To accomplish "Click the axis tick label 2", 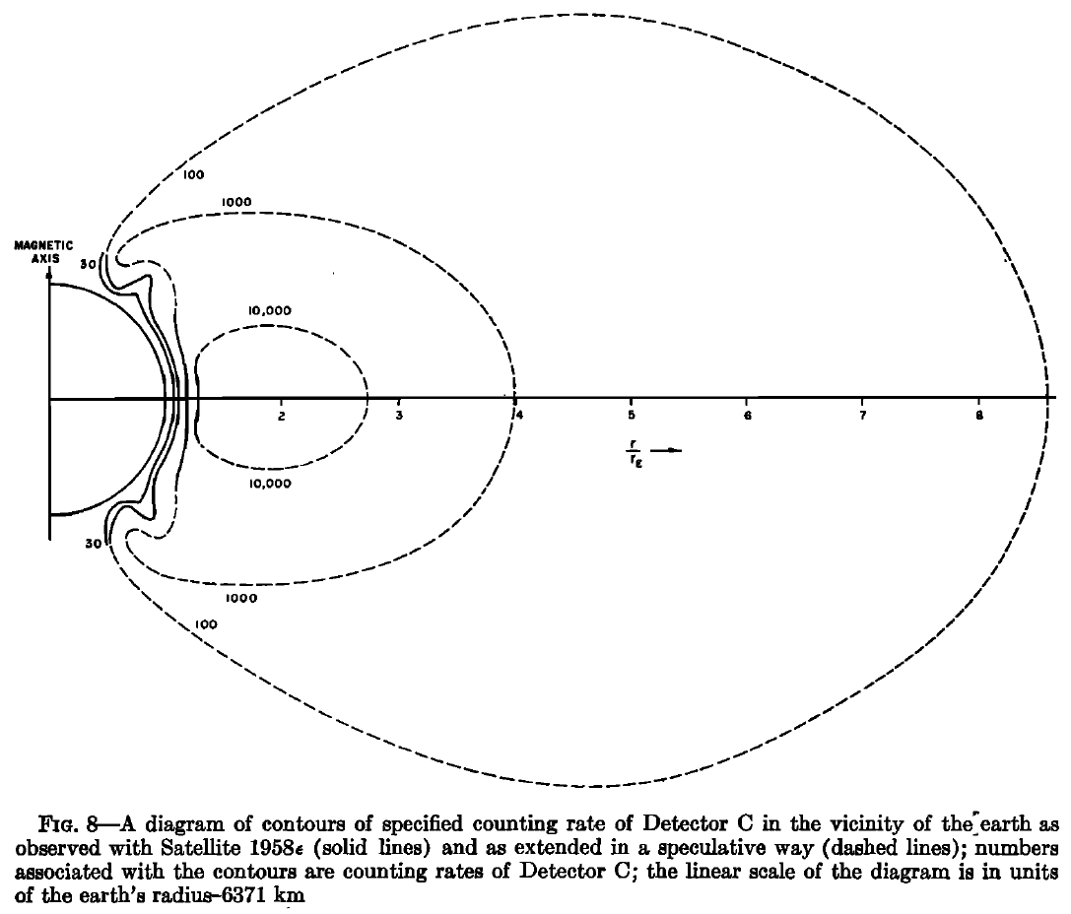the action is pyautogui.click(x=282, y=416).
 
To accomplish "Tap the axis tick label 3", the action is pyautogui.click(x=398, y=416).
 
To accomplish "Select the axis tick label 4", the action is pyautogui.click(x=515, y=416).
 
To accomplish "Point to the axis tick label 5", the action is pyautogui.click(x=631, y=416).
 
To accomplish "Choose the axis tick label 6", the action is pyautogui.click(x=747, y=416).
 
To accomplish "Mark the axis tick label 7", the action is pyautogui.click(x=863, y=416).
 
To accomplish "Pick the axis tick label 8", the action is pyautogui.click(x=979, y=416).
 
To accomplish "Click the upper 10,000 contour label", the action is pyautogui.click(x=270, y=310).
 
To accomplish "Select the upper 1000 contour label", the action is pyautogui.click(x=237, y=202).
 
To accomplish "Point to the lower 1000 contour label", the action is pyautogui.click(x=240, y=598).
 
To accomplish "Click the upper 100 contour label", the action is pyautogui.click(x=193, y=175).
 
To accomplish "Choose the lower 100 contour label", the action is pyautogui.click(x=207, y=624).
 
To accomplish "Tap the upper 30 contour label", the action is pyautogui.click(x=87, y=264).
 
